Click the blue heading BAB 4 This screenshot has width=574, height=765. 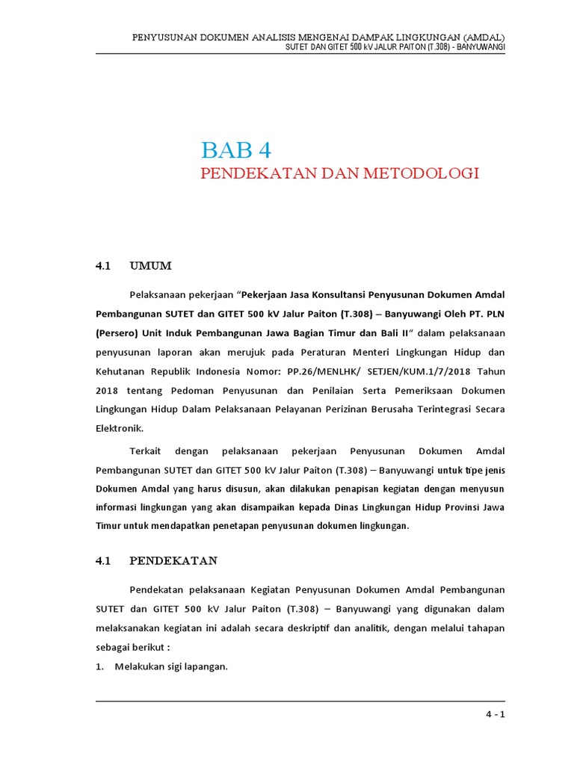(x=235, y=149)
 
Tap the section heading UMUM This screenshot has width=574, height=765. (x=150, y=266)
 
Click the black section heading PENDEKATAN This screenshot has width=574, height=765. (x=173, y=560)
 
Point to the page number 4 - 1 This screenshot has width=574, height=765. (x=494, y=714)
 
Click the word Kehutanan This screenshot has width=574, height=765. (x=120, y=371)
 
